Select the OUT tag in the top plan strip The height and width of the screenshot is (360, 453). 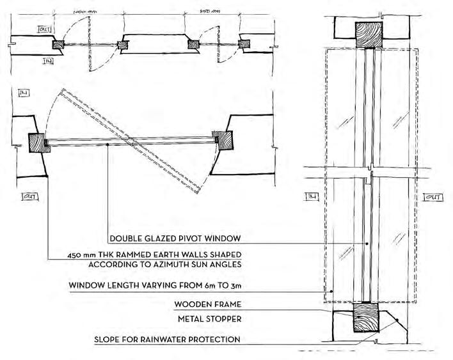point(26,29)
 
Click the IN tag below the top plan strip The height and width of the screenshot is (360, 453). point(48,61)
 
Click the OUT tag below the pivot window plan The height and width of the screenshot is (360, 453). point(29,197)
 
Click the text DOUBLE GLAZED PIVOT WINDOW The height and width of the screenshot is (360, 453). point(174,239)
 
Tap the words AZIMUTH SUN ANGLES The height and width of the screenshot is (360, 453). point(193,263)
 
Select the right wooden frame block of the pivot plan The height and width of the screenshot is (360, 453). point(226,139)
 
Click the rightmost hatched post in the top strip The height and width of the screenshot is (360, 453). point(244,44)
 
